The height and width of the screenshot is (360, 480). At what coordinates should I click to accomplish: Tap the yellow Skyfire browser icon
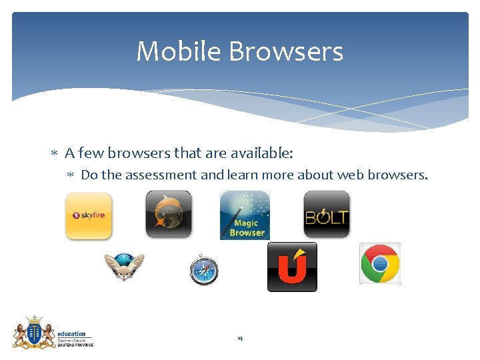pos(89,215)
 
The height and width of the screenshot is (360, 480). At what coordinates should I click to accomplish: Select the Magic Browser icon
pos(245,215)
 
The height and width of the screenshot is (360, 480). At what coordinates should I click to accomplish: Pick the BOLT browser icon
pos(327,214)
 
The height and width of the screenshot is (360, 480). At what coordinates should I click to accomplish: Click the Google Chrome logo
pos(380,263)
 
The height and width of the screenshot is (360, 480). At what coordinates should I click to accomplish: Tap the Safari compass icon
pos(203,269)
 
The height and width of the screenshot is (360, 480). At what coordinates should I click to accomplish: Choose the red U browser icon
pos(292,267)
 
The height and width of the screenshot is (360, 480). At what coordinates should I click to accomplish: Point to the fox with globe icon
pos(123,267)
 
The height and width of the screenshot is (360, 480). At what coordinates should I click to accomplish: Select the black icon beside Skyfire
pos(169,214)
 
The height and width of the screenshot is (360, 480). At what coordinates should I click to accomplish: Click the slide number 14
pos(240,339)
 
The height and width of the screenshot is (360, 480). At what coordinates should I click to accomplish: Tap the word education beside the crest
pos(71,334)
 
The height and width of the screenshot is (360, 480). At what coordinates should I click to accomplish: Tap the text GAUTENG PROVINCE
pos(75,345)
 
